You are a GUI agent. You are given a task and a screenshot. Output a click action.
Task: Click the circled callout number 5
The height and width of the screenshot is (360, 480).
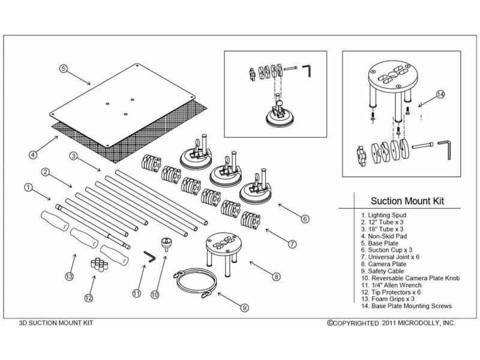pyautogui.click(x=64, y=68)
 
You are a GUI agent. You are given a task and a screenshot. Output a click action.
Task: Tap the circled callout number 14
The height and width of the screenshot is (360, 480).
pyautogui.click(x=440, y=94)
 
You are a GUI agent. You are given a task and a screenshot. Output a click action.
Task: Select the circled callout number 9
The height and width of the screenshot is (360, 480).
pyautogui.click(x=244, y=307)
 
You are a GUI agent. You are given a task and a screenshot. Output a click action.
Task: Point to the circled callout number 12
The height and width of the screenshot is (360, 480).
pyautogui.click(x=89, y=298)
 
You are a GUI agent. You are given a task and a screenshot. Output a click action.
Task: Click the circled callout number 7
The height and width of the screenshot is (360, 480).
pyautogui.click(x=292, y=244)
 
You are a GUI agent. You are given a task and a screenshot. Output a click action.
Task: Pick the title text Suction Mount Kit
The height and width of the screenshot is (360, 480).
pyautogui.click(x=407, y=201)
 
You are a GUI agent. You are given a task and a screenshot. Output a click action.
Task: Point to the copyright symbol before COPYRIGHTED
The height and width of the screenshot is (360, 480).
pyautogui.click(x=329, y=323)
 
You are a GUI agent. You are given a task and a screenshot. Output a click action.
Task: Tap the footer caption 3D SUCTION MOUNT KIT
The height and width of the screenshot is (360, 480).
pyautogui.click(x=56, y=323)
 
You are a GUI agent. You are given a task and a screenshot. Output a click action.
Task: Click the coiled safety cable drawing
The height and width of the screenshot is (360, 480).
pyautogui.click(x=196, y=283)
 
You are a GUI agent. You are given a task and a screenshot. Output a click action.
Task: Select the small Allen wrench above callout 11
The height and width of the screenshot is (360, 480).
pyautogui.click(x=149, y=257)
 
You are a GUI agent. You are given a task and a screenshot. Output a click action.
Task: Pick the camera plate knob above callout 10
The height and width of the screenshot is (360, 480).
pyautogui.click(x=167, y=244)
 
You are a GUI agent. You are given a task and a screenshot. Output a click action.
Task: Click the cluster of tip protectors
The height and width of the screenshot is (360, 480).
pyautogui.click(x=100, y=265)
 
